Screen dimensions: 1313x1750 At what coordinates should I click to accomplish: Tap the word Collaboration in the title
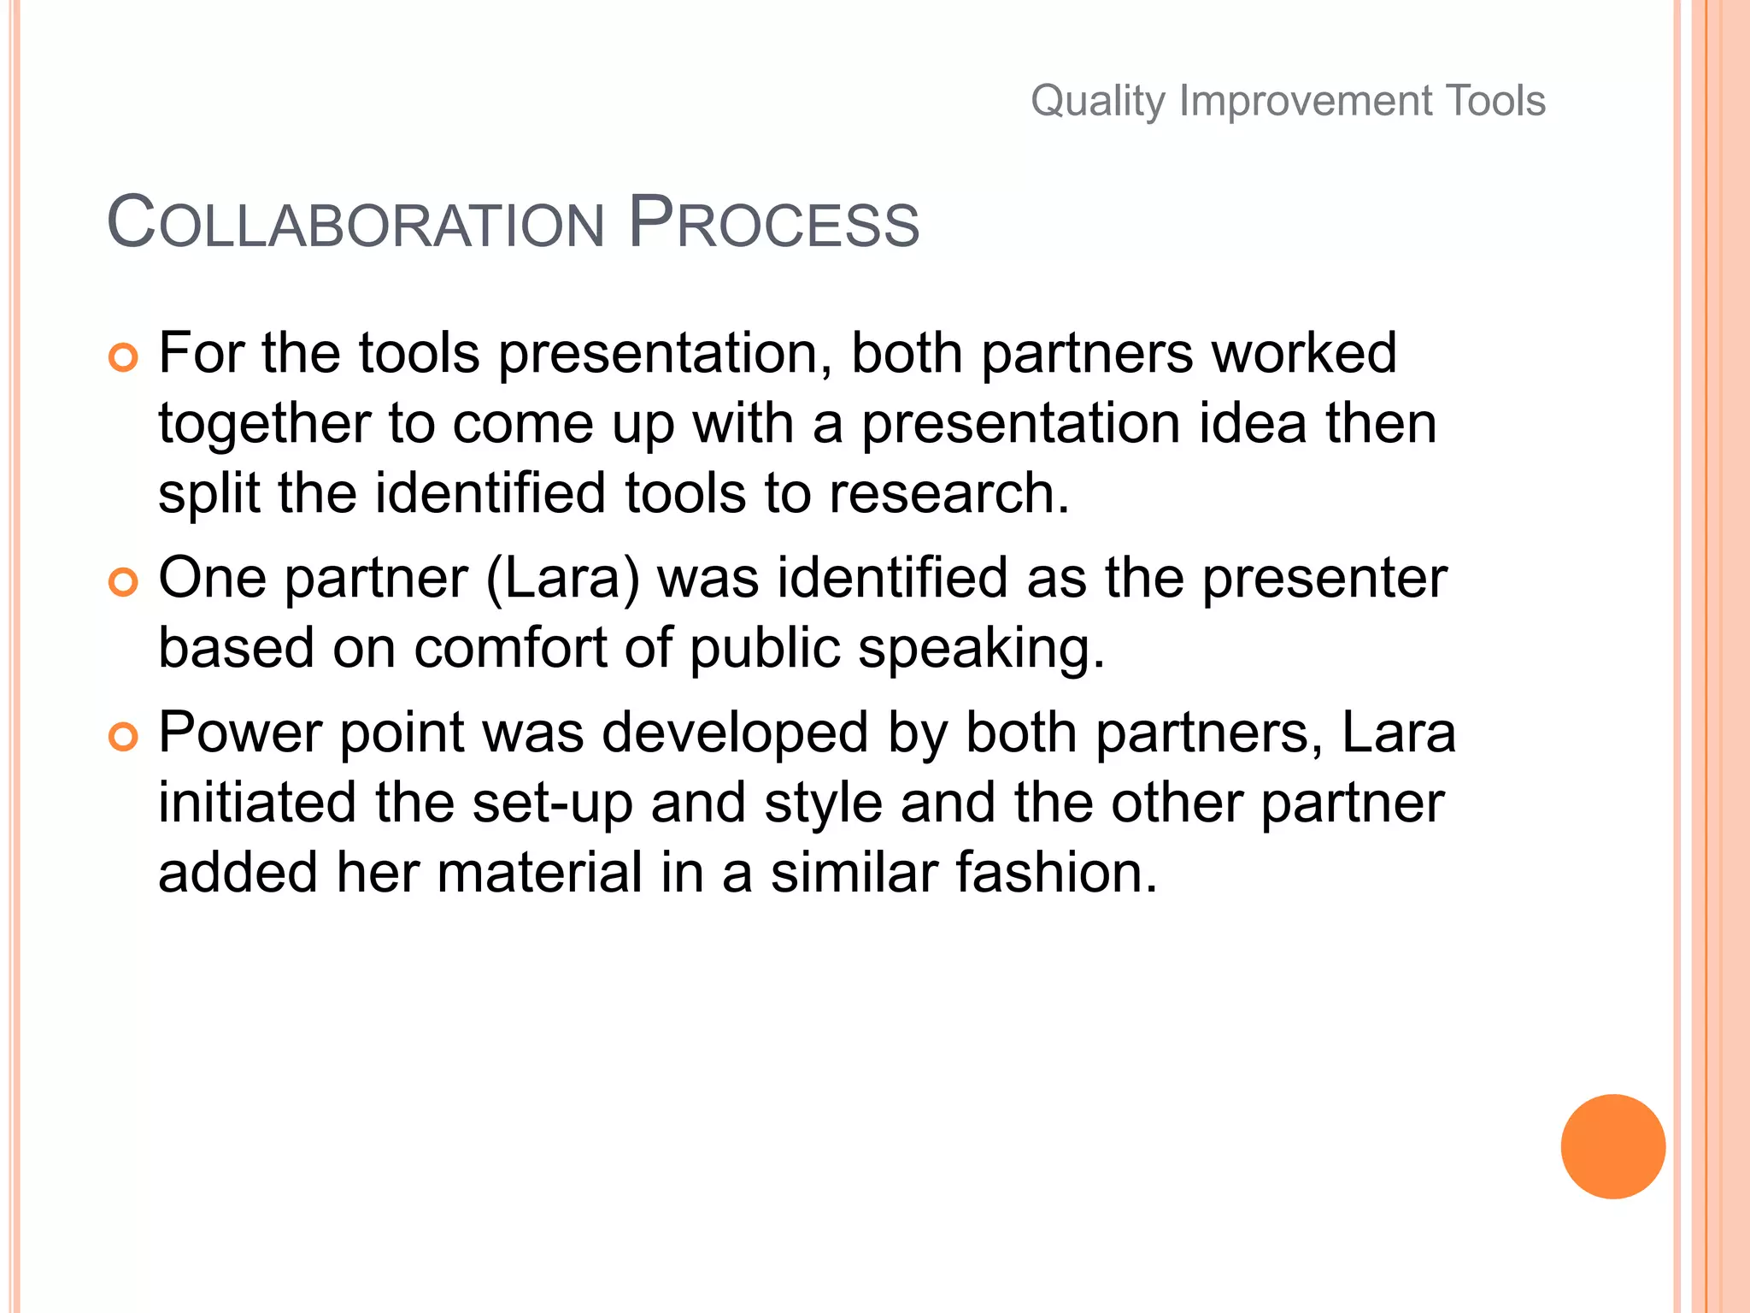[355, 224]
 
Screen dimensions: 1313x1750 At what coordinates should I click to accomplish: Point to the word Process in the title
[773, 224]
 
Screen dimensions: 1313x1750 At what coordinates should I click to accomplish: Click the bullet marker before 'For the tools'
[123, 357]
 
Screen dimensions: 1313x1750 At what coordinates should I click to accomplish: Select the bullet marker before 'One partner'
[123, 583]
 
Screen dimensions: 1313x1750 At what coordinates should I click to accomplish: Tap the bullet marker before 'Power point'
[123, 737]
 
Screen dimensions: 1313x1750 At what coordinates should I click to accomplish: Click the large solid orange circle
[1612, 1146]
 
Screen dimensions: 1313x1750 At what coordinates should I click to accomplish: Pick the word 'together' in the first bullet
[265, 424]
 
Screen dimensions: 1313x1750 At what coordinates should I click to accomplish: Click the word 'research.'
[948, 494]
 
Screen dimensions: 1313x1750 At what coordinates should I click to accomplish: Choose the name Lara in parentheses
[562, 579]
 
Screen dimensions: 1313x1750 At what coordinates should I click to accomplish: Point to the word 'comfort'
[510, 648]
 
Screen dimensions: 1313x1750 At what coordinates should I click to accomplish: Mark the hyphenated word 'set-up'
[552, 804]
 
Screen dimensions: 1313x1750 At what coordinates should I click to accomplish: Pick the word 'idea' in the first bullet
[1253, 424]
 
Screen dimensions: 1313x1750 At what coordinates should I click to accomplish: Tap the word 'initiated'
[257, 804]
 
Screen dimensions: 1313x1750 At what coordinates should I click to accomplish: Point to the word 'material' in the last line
[539, 873]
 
